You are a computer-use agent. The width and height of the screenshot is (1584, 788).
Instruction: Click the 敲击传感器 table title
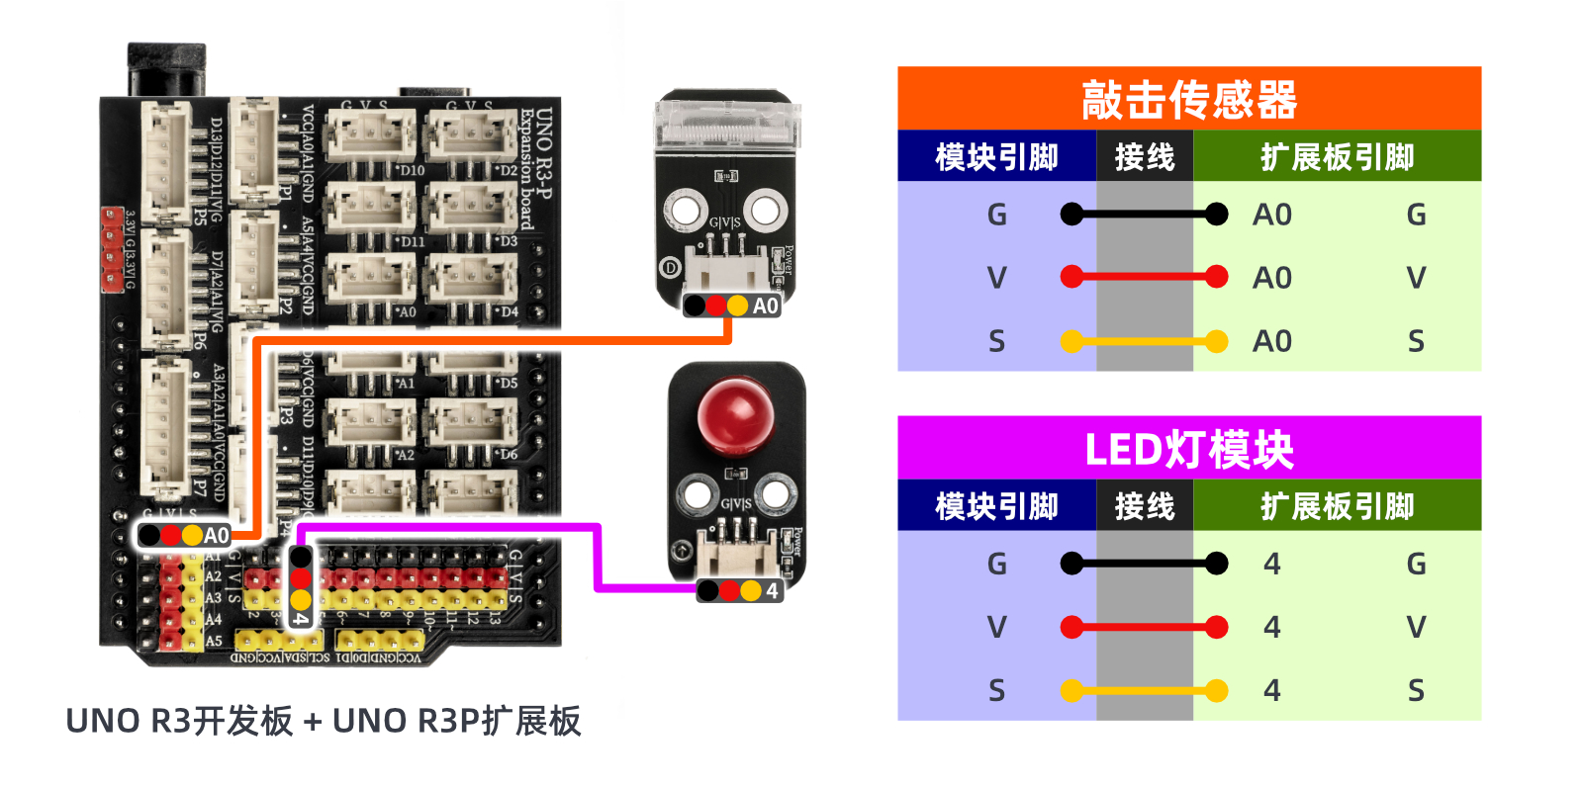point(1188,100)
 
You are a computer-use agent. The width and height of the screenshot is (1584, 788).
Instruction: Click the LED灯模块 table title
point(1188,450)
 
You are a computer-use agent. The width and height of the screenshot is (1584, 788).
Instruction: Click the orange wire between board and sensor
point(495,341)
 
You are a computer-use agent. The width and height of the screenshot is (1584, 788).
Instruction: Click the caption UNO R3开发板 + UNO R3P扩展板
point(323,721)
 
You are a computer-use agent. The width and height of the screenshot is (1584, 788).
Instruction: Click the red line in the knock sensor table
point(1144,278)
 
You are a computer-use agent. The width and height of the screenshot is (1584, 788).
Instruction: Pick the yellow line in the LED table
point(1144,690)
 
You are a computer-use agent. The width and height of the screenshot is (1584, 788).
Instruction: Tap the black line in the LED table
point(1144,564)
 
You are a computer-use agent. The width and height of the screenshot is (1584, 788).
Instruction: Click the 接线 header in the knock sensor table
point(1144,157)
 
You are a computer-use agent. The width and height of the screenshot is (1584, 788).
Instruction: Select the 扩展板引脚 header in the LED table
point(1337,506)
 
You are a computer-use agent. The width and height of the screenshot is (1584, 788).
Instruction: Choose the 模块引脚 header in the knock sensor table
point(996,157)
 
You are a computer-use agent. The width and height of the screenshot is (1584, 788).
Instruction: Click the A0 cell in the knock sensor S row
point(1272,341)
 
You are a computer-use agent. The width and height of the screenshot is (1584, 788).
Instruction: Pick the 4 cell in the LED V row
point(1272,627)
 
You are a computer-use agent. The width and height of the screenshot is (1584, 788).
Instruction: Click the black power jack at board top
point(166,69)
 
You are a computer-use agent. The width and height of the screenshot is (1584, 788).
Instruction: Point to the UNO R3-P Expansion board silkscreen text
point(535,168)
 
